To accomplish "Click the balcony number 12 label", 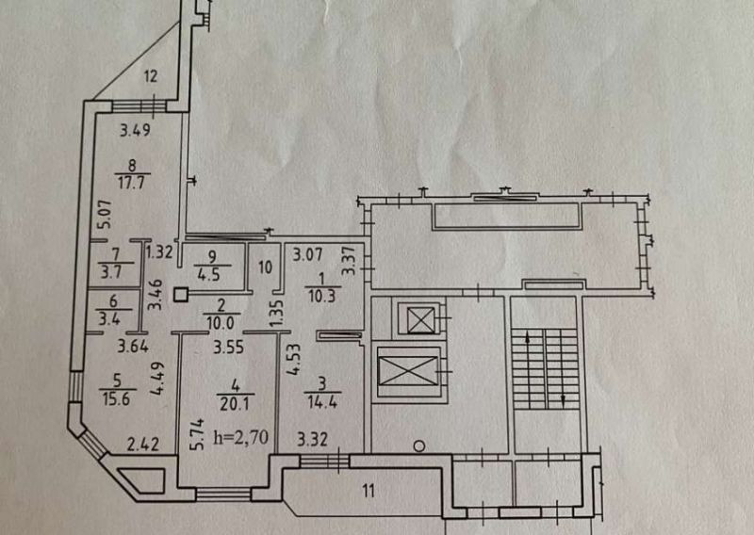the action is (149, 77).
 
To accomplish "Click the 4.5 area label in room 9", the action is (209, 276).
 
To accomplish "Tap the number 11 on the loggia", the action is (369, 490).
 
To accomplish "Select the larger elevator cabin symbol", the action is (409, 370).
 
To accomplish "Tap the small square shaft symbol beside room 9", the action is (181, 294).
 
